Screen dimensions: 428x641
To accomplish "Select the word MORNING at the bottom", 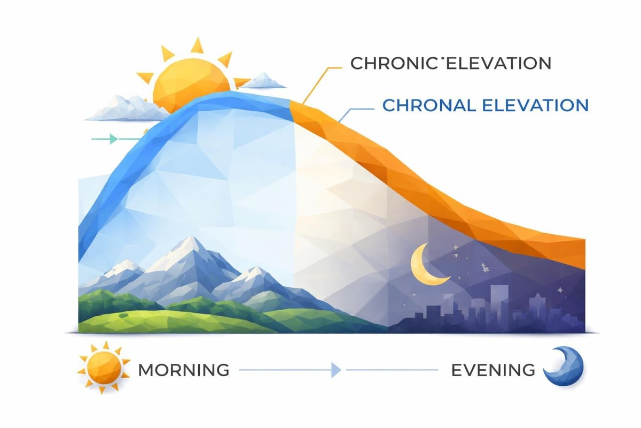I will coord(184,369).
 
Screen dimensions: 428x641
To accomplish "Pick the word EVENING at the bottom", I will coord(492,369).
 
